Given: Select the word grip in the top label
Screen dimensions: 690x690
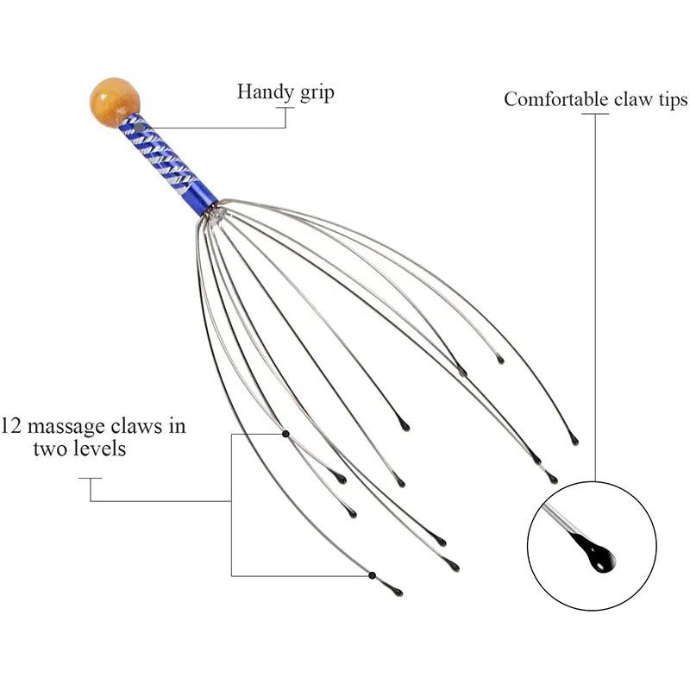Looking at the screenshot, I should point(316,93).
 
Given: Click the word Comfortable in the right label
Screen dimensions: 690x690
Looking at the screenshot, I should point(557,99).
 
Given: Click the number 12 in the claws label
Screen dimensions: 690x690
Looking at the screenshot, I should point(10,426).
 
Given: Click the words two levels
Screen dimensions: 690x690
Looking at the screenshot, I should point(79,449).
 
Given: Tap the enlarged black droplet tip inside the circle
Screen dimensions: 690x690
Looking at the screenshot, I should point(595,554).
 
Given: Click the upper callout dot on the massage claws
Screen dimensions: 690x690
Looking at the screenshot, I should point(285,434).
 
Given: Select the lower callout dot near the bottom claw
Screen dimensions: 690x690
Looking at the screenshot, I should point(372,575).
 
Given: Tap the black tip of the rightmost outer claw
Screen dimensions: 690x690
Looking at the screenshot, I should point(574,441).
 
